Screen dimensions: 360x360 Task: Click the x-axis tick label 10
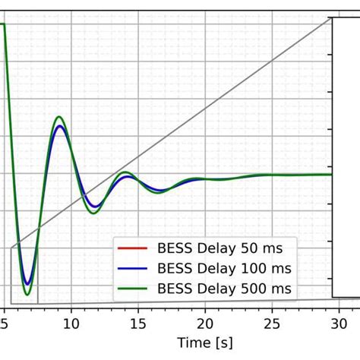(x=71, y=323)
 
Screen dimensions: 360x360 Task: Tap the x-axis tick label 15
(x=137, y=323)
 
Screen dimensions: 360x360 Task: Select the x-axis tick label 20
(x=204, y=323)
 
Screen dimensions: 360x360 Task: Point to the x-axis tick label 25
(x=271, y=323)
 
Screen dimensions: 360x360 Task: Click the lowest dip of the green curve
(x=27, y=295)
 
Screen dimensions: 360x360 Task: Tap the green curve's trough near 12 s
(x=94, y=213)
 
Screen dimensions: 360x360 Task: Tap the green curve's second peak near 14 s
(x=126, y=173)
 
